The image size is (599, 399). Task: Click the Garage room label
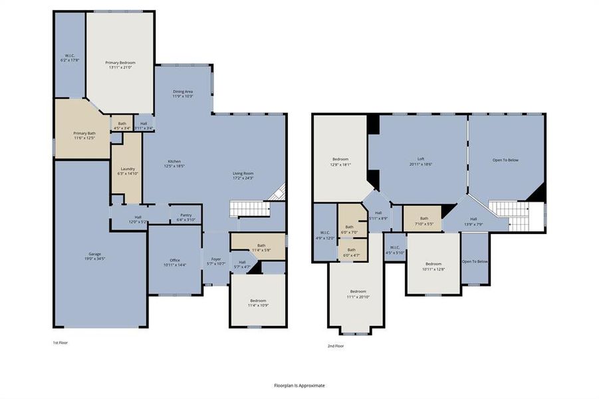[x=95, y=254]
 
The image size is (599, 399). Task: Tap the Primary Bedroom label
[x=120, y=63]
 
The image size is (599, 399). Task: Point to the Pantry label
[x=185, y=215]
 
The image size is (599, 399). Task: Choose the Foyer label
[x=216, y=259]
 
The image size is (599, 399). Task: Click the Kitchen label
[x=174, y=162]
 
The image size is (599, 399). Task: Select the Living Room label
[x=243, y=174]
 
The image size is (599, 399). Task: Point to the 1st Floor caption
[x=60, y=342]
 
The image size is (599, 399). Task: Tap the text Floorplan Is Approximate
[x=299, y=385]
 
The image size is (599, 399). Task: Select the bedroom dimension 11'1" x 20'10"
[x=358, y=296]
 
